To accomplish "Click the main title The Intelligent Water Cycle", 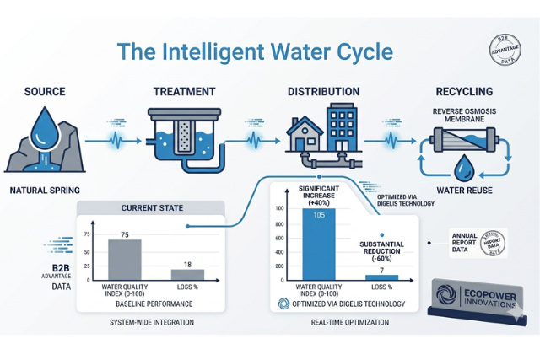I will [255, 51].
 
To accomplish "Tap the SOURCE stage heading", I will [47, 91].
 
